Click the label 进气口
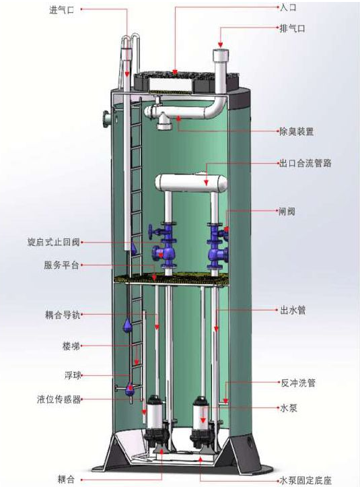click(x=62, y=10)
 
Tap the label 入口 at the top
click(x=288, y=8)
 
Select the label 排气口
click(x=292, y=28)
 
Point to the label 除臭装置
click(x=296, y=132)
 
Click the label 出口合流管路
click(x=305, y=164)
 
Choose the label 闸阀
click(x=287, y=212)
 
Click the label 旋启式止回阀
click(x=54, y=242)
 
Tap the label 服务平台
click(x=61, y=265)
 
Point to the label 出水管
click(x=293, y=310)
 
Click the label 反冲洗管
click(x=298, y=383)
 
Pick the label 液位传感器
click(x=59, y=399)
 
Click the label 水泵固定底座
click(x=305, y=480)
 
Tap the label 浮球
click(x=73, y=375)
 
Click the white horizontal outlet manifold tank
click(x=191, y=183)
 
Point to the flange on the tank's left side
click(x=106, y=119)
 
